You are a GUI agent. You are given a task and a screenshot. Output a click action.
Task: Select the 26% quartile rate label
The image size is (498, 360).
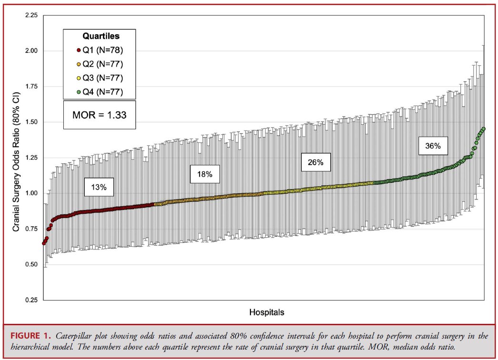315,162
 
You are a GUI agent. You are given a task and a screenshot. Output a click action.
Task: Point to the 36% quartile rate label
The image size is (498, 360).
433,147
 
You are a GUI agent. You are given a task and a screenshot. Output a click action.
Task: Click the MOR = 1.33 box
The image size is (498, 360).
100,115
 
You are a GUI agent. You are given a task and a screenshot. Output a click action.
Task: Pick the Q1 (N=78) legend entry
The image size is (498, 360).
100,50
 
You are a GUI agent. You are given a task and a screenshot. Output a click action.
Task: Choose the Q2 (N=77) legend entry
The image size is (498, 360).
100,64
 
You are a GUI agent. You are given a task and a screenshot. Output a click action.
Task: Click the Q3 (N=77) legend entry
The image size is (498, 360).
100,78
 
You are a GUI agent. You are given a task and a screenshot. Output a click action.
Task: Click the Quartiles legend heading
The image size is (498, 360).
100,36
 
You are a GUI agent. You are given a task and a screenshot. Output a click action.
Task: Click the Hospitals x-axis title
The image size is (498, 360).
267,312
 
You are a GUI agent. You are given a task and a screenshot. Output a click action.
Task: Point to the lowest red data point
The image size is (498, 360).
44,243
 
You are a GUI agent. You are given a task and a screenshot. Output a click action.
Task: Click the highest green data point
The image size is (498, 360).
484,129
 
